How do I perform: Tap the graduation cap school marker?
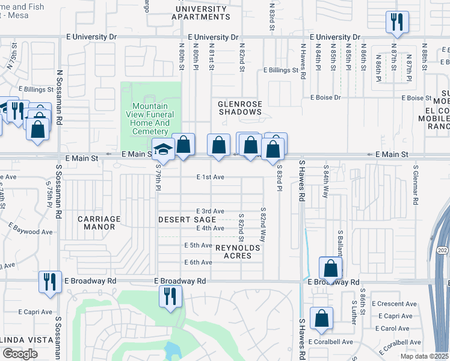click(163, 148)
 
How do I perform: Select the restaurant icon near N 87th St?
click(397, 22)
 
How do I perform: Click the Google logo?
click(20, 354)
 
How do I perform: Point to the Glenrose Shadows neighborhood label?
click(240, 108)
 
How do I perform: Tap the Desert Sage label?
click(187, 220)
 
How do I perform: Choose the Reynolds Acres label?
click(238, 251)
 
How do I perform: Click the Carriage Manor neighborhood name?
click(99, 223)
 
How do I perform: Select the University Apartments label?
click(201, 13)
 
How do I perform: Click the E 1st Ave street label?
click(210, 177)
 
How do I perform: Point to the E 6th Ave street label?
click(198, 262)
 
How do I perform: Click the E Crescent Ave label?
click(394, 304)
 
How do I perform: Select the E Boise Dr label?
click(325, 97)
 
